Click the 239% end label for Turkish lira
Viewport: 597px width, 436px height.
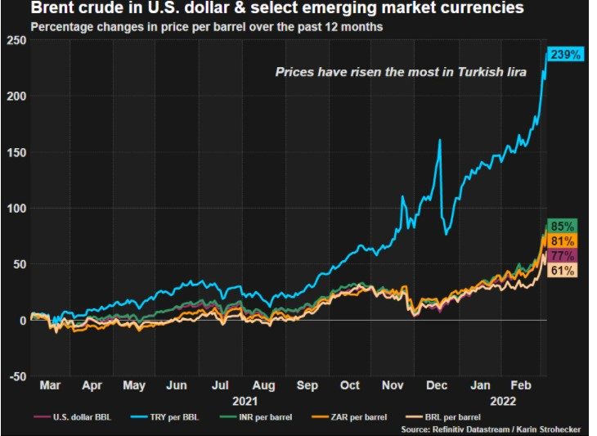tap(563, 55)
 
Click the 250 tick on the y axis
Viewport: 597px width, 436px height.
tap(16, 40)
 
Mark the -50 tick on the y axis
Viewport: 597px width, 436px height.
tap(16, 375)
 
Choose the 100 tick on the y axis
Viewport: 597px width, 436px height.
tap(16, 208)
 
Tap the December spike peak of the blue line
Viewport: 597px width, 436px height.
tap(440, 140)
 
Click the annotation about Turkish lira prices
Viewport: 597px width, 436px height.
tap(400, 73)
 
